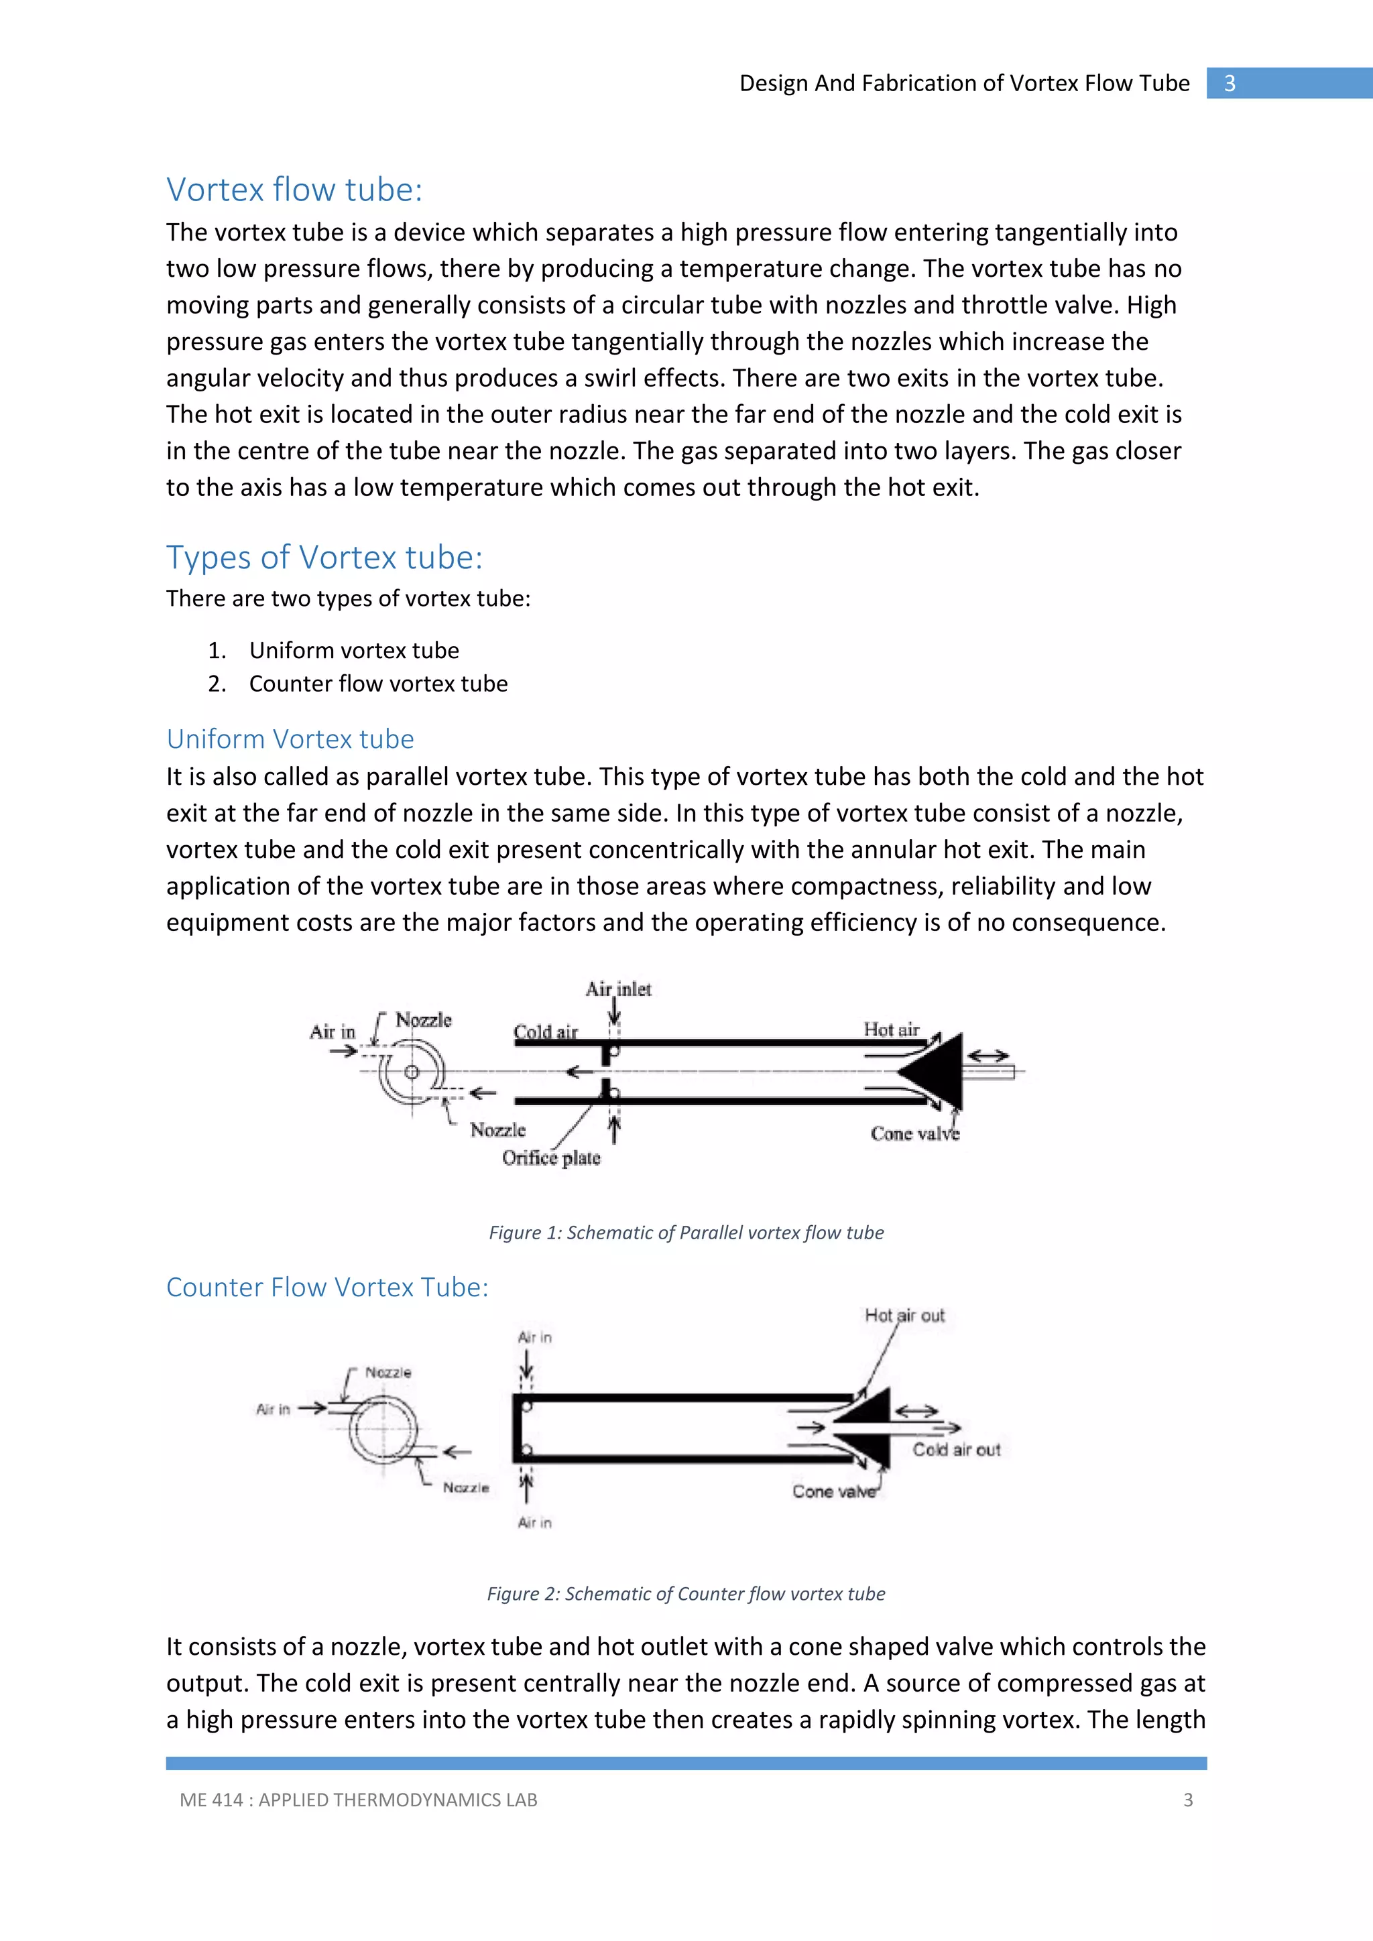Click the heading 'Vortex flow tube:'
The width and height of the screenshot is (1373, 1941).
tap(294, 190)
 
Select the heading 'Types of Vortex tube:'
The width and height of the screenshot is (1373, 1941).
tap(324, 558)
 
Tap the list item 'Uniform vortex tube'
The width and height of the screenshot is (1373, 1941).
tap(353, 650)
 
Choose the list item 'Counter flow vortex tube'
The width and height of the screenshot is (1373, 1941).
tap(378, 684)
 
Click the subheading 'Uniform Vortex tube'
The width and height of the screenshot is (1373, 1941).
tap(290, 739)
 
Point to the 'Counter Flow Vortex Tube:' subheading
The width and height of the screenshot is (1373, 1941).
tap(327, 1287)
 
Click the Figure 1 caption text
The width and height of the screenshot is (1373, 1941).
tap(686, 1233)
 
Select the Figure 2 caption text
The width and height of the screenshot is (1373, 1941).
tap(686, 1594)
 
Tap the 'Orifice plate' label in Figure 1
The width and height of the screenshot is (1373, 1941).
tap(551, 1158)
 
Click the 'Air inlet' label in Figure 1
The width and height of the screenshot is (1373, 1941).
tap(618, 989)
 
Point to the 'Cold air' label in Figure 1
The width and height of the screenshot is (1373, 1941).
tap(545, 1032)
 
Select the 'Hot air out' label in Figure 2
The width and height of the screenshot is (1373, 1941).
tap(904, 1316)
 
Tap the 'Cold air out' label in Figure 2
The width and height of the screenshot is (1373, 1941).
tap(956, 1450)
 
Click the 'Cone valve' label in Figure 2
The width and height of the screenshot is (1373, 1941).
tap(833, 1492)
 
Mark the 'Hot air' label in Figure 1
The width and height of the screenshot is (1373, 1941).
tap(891, 1029)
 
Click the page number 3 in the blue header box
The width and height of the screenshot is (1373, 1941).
tap(1230, 84)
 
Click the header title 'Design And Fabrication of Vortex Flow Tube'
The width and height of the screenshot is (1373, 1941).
tap(964, 84)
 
